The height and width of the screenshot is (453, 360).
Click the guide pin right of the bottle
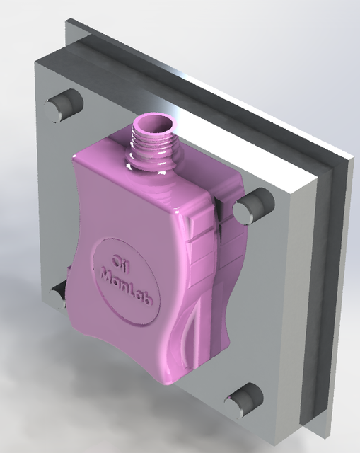(250, 208)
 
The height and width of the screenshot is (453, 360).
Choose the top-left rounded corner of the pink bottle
(80, 157)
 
